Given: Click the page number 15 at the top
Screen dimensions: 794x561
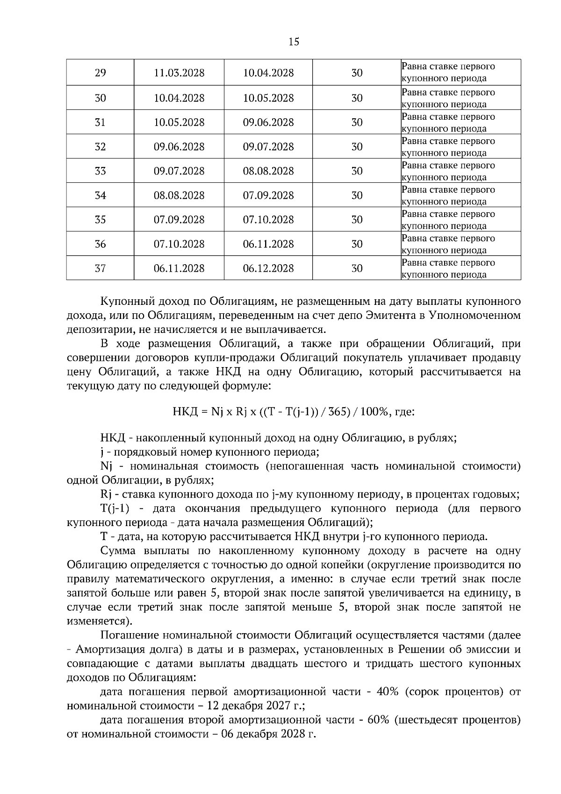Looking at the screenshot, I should tap(294, 42).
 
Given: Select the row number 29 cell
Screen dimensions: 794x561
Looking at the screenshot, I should tap(100, 73).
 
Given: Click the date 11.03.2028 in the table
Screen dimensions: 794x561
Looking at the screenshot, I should tap(179, 73).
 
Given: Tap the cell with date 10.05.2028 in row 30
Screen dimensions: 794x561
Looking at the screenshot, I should tap(268, 98).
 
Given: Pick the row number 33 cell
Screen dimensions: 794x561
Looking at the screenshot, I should tap(100, 171).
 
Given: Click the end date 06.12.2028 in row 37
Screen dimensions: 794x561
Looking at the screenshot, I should tap(268, 268).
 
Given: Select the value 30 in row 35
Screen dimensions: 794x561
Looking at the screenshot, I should tap(357, 220).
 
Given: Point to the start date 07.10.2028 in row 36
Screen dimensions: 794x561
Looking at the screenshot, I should tap(179, 244).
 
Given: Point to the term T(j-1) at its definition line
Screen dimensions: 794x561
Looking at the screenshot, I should tap(115, 508).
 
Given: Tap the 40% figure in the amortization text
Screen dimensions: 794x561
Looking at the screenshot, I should tap(388, 692).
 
